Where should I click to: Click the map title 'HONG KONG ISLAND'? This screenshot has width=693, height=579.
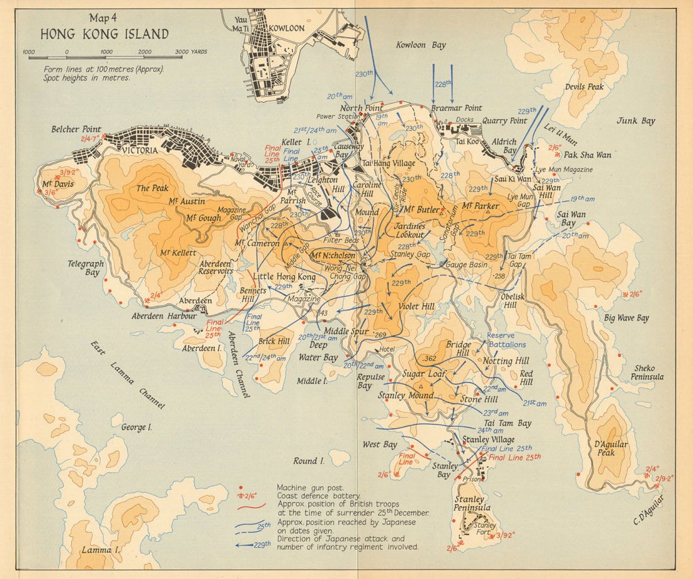click(105, 34)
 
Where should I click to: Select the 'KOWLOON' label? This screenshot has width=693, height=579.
click(287, 28)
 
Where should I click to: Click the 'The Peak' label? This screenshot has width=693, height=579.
click(151, 187)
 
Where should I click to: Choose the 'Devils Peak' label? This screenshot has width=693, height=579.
click(585, 87)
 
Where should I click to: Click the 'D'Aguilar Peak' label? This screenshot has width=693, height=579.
click(610, 448)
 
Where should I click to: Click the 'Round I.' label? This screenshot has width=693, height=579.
click(309, 461)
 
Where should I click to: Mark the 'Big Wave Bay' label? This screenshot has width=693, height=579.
click(626, 318)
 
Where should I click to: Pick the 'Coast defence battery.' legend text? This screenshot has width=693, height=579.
click(314, 496)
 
